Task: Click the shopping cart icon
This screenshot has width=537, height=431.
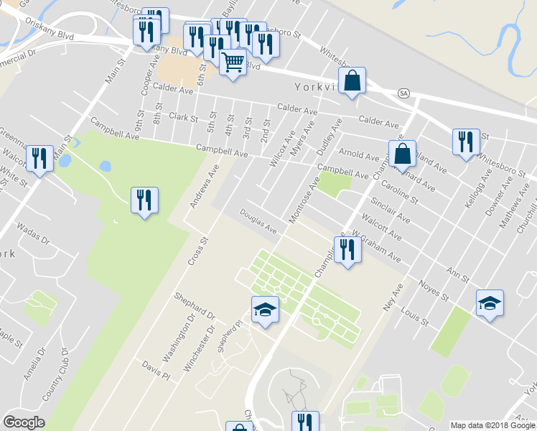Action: click(233, 63)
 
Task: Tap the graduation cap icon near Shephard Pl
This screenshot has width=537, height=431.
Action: click(265, 310)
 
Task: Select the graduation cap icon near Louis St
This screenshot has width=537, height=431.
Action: click(490, 304)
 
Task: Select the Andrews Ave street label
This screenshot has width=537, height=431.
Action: click(203, 186)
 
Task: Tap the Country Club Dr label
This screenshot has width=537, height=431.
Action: click(55, 374)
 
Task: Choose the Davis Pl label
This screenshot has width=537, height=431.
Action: click(155, 371)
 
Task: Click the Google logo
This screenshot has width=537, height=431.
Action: click(24, 422)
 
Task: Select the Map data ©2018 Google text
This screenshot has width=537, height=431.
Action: click(492, 425)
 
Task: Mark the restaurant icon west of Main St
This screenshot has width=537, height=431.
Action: click(39, 159)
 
